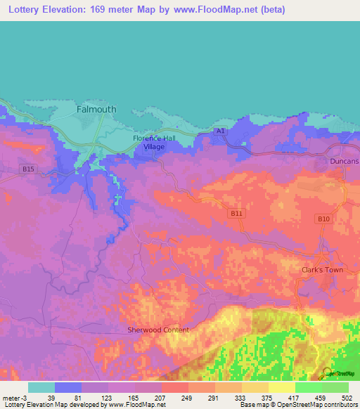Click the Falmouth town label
tap(96, 110)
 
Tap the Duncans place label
tap(344, 162)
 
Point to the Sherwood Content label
tap(158, 330)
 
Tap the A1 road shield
tap(221, 131)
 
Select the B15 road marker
tap(27, 169)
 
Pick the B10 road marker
tap(323, 220)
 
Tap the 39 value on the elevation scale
tap(51, 397)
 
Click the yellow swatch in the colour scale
tap(281, 387)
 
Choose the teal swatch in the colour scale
tap(41, 387)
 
